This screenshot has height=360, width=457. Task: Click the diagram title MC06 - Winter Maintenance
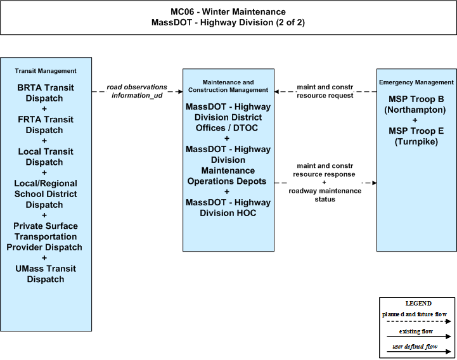[228, 11]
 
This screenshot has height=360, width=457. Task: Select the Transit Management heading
[46, 71]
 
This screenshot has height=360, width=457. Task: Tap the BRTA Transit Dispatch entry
[45, 93]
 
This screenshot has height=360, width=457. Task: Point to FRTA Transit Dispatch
[45, 125]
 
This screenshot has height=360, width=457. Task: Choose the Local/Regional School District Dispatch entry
[46, 194]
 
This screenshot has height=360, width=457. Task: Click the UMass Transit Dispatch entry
[46, 274]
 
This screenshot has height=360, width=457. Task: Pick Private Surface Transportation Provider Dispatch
[44, 236]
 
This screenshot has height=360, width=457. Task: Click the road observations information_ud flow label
[137, 91]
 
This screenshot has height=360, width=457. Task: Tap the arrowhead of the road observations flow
[181, 92]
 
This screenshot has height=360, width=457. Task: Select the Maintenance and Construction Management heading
[228, 86]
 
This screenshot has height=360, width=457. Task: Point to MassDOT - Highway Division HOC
[228, 207]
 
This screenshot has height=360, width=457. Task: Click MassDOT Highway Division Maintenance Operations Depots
[228, 165]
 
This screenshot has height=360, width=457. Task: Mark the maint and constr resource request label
[325, 91]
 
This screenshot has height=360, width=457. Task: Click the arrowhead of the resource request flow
[277, 92]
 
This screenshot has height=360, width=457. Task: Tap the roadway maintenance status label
[325, 195]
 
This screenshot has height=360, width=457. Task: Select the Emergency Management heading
[416, 82]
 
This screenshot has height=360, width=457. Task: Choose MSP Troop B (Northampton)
[416, 105]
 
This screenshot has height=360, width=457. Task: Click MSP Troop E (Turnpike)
[416, 136]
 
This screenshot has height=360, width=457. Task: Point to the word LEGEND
[418, 304]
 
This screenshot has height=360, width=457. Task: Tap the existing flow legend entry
[418, 334]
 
